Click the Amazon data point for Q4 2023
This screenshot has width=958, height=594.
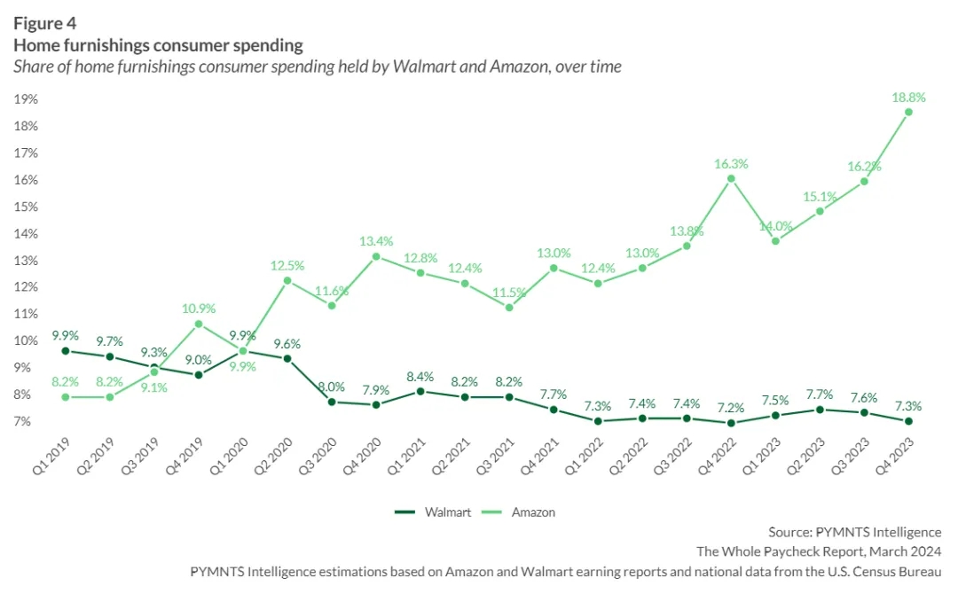[x=908, y=112]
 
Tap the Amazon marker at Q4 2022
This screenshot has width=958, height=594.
[x=731, y=178]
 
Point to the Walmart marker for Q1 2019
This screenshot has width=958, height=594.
[x=66, y=351]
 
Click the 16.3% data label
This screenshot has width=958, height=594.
[x=731, y=164]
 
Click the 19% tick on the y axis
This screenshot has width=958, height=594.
[x=26, y=99]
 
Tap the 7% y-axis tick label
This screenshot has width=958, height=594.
[x=27, y=421]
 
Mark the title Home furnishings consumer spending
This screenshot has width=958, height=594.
[x=158, y=45]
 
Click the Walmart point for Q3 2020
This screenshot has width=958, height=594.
[x=332, y=402]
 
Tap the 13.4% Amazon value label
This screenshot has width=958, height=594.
[x=376, y=241]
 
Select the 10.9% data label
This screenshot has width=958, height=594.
[x=199, y=309]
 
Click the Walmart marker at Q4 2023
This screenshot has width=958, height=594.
[x=908, y=421]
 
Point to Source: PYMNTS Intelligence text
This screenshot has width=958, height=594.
[x=854, y=532]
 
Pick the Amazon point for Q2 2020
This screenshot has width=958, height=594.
[x=287, y=280]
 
